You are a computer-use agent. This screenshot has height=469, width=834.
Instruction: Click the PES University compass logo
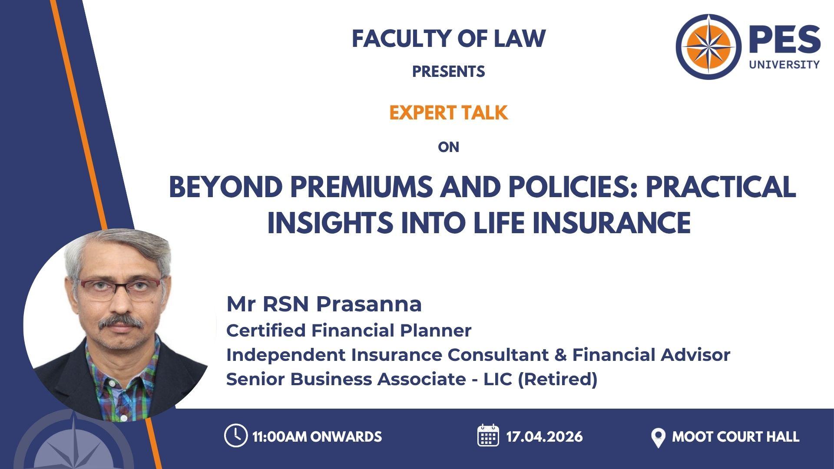coord(709,46)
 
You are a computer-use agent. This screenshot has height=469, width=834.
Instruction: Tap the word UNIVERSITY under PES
coord(784,64)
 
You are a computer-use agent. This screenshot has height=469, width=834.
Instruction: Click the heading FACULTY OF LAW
coord(448,39)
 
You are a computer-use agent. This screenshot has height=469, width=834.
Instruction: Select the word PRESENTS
coord(448,71)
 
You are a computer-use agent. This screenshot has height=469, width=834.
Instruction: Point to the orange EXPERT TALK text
coord(448,113)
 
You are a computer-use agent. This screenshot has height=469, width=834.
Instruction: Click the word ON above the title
coord(448,147)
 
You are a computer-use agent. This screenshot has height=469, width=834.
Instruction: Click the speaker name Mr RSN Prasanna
coord(324,304)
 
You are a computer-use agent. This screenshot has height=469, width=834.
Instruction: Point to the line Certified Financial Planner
coord(349,330)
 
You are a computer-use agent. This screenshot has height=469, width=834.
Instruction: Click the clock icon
coord(236,436)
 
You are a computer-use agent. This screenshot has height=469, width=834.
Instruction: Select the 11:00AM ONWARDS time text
coord(317,436)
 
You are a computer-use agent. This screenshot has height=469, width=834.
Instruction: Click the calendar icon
coord(488,435)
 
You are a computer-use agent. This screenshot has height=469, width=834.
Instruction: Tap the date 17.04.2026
coord(545,436)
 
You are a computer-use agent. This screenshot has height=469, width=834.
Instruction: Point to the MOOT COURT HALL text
coord(736,436)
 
